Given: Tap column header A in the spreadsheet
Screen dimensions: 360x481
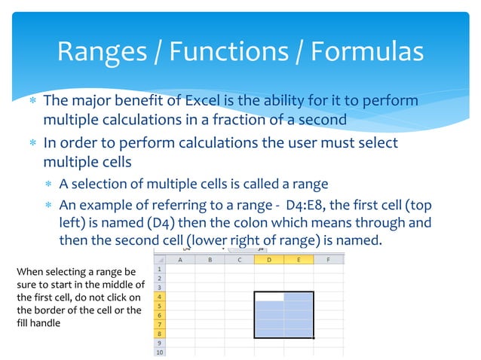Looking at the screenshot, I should tap(180, 260).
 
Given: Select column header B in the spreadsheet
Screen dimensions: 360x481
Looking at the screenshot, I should tap(210, 260).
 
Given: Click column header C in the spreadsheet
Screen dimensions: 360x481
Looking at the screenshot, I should tap(239, 260).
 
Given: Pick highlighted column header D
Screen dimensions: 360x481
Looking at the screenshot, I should tap(269, 260).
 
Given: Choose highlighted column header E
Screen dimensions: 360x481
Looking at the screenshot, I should tap(299, 260).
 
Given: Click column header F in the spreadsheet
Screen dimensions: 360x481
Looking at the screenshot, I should tap(328, 260).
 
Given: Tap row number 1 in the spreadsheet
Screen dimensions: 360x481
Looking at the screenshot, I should tap(159, 269).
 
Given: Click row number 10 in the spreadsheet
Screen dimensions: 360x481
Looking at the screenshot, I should tap(159, 352).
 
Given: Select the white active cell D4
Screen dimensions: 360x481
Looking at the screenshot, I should tap(269, 297).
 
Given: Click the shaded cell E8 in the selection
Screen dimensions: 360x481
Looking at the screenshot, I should tap(299, 333).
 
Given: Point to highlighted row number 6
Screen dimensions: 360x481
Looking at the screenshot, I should tap(159, 315).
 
